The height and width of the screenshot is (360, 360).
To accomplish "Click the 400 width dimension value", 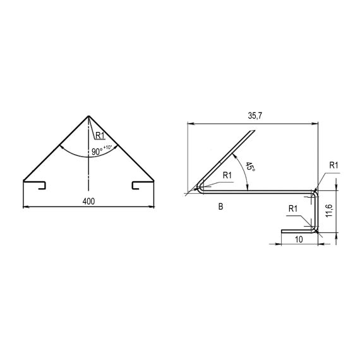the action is (88, 201).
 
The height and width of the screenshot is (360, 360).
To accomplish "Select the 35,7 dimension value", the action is (255, 116).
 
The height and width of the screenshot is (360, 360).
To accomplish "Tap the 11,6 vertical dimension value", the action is (329, 210).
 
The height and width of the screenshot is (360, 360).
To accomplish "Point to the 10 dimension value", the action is (299, 239).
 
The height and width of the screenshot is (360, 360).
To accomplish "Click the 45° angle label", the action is (250, 167).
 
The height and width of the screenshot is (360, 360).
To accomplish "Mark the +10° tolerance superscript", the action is (107, 147).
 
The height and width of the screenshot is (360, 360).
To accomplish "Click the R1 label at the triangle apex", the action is (100, 136).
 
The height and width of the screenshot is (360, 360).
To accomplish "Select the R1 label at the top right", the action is (333, 165).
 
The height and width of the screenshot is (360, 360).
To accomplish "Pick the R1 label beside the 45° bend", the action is (227, 176).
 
